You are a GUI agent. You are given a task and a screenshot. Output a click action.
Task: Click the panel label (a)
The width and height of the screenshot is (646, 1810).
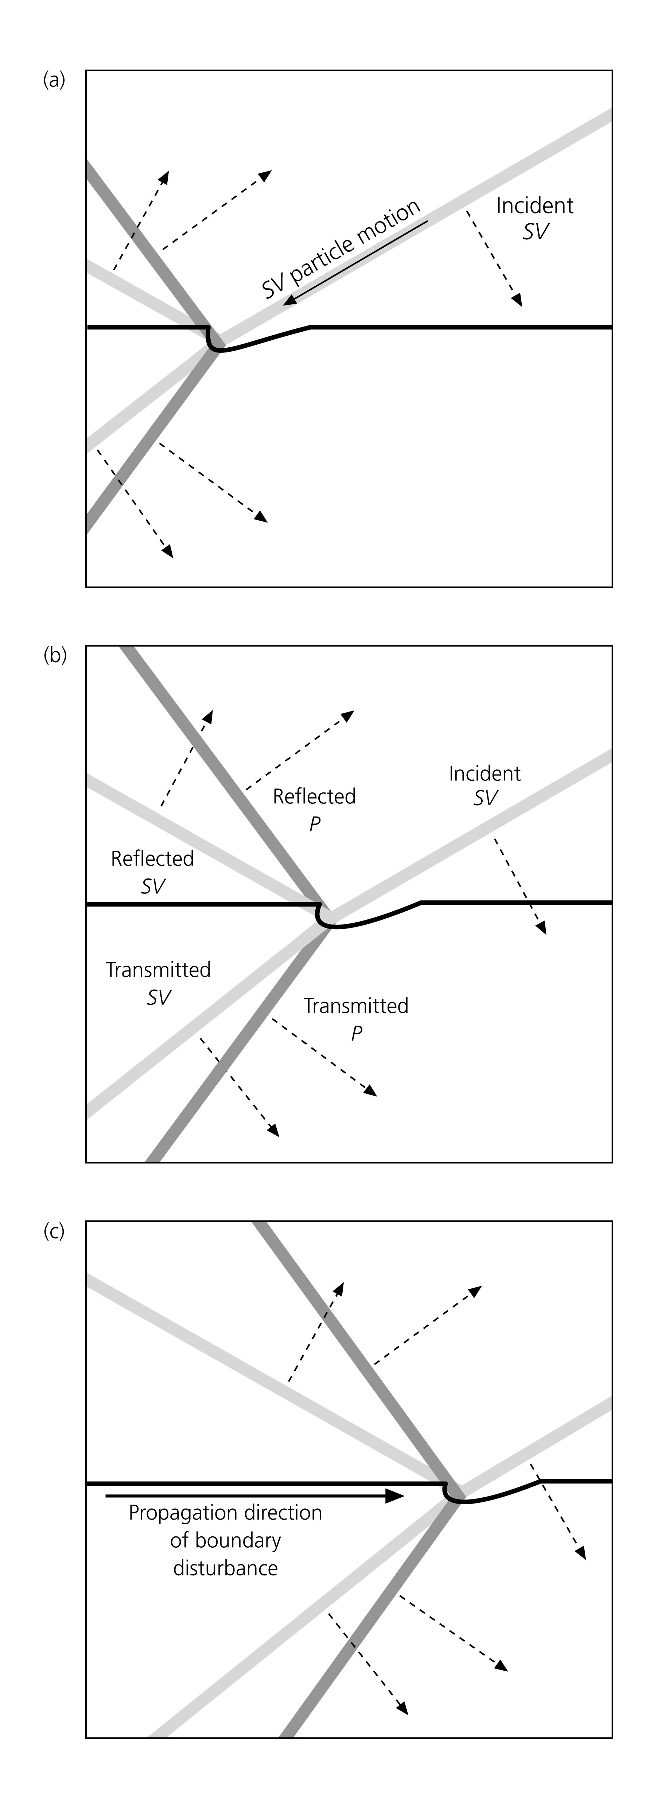[54, 81]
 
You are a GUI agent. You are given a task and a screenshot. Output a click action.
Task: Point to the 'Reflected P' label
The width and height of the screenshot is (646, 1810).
[315, 810]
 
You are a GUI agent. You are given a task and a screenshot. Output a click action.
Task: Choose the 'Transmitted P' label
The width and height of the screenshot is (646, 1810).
[356, 1019]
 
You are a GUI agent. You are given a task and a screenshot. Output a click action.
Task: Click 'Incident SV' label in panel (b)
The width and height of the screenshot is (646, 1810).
[484, 786]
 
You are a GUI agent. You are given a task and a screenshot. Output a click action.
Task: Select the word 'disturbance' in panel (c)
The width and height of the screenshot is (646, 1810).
[225, 1720]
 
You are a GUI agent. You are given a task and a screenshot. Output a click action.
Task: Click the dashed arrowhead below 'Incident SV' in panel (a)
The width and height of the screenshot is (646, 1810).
[518, 301]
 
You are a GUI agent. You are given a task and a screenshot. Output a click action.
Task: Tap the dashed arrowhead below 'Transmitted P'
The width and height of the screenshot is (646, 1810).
[371, 1091]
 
